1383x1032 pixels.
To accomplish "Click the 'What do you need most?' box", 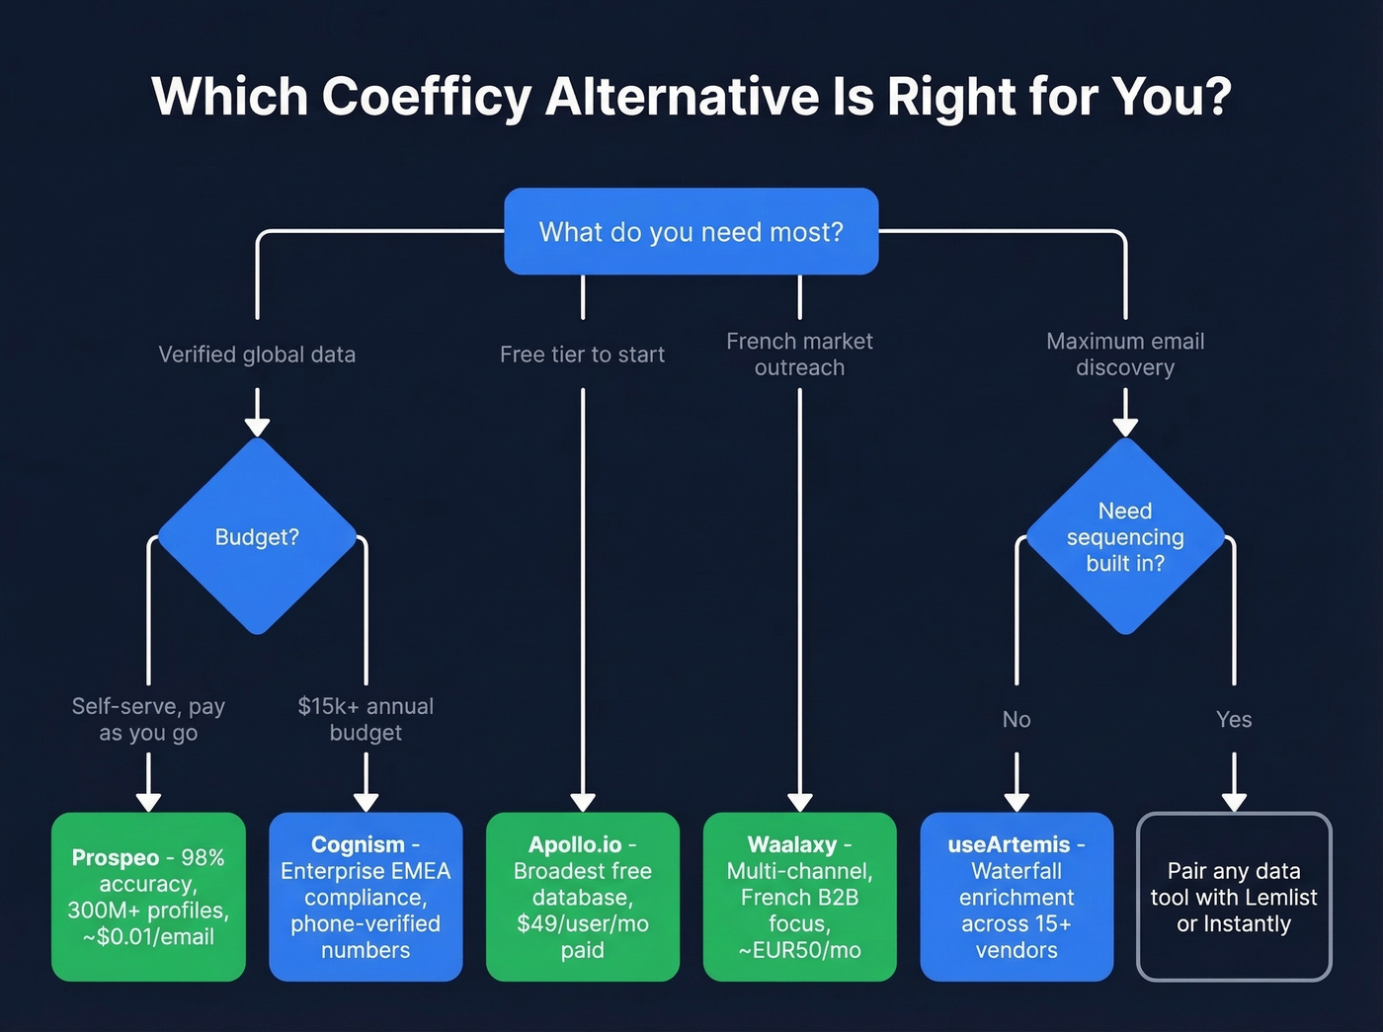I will click(691, 231).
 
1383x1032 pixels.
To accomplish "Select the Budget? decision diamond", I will click(257, 536).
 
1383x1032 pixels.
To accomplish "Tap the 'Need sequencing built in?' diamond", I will click(1125, 536).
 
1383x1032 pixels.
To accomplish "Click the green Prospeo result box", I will click(148, 897).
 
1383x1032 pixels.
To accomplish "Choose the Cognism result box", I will click(366, 897).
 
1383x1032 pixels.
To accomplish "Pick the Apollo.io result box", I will click(583, 897).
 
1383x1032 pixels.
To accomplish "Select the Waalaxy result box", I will click(799, 897).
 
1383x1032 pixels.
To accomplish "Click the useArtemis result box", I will click(1017, 897).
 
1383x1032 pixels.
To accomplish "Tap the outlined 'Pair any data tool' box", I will click(1234, 897).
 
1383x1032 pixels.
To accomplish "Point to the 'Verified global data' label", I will click(257, 355).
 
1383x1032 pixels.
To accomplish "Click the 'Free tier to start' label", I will click(582, 355).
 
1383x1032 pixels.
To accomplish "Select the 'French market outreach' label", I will click(799, 355).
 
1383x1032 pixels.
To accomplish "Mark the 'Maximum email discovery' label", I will click(1125, 355).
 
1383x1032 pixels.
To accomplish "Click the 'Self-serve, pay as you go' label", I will click(148, 719).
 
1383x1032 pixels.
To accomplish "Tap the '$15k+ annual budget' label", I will click(366, 719).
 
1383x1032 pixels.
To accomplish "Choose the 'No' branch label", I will click(1017, 719).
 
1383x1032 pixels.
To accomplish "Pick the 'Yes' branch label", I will click(1234, 719).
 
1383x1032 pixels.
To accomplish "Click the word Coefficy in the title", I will click(427, 97).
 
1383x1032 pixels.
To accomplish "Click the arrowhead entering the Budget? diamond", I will click(257, 426).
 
